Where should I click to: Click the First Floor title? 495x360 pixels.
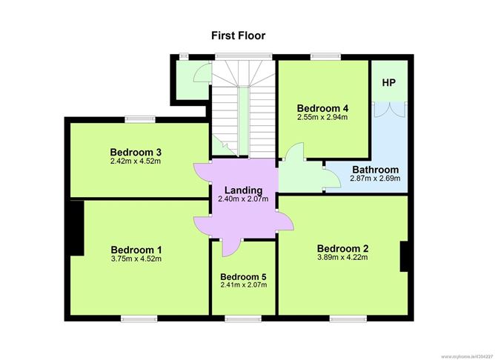pyautogui.click(x=239, y=36)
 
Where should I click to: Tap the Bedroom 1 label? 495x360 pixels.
pyautogui.click(x=136, y=250)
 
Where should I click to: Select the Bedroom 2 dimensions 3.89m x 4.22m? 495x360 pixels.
pyautogui.click(x=342, y=257)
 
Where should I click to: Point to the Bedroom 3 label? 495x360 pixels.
pyautogui.click(x=136, y=152)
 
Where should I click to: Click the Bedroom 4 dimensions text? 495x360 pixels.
pyautogui.click(x=322, y=117)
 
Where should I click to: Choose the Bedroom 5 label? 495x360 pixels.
pyautogui.click(x=243, y=277)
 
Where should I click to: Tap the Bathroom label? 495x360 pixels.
pyautogui.click(x=376, y=170)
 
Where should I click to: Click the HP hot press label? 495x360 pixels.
pyautogui.click(x=388, y=83)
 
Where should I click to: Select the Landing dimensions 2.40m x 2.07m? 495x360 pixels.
pyautogui.click(x=243, y=199)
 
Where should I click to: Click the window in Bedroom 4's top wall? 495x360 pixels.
pyautogui.click(x=326, y=57)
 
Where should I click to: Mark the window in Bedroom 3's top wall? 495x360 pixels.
pyautogui.click(x=140, y=119)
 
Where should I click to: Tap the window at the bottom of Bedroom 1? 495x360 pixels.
pyautogui.click(x=139, y=319)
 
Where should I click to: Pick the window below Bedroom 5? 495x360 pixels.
pyautogui.click(x=243, y=319)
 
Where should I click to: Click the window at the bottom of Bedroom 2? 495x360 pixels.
pyautogui.click(x=348, y=319)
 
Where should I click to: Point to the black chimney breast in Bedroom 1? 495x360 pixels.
pyautogui.click(x=77, y=228)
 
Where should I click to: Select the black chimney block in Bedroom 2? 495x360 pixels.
pyautogui.click(x=404, y=256)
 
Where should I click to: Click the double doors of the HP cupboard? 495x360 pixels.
pyautogui.click(x=390, y=110)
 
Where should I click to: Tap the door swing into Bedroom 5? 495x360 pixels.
pyautogui.click(x=232, y=247)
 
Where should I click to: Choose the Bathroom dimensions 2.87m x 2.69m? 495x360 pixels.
pyautogui.click(x=376, y=179)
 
